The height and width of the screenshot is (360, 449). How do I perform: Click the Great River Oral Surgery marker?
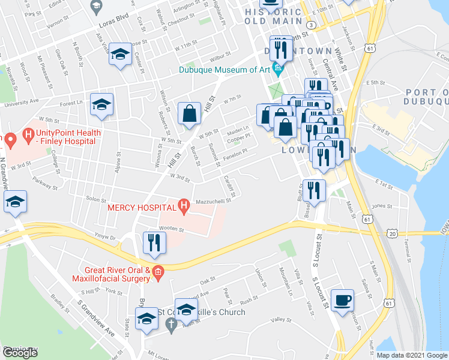(x=158, y=274)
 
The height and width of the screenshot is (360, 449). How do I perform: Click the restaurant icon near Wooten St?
(x=154, y=244)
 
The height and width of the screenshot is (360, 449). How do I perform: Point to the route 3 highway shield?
(x=310, y=25)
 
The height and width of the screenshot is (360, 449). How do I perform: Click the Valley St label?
(x=280, y=320)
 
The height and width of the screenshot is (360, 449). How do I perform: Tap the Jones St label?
(x=382, y=206)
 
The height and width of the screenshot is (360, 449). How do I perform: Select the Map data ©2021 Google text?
(x=412, y=355)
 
